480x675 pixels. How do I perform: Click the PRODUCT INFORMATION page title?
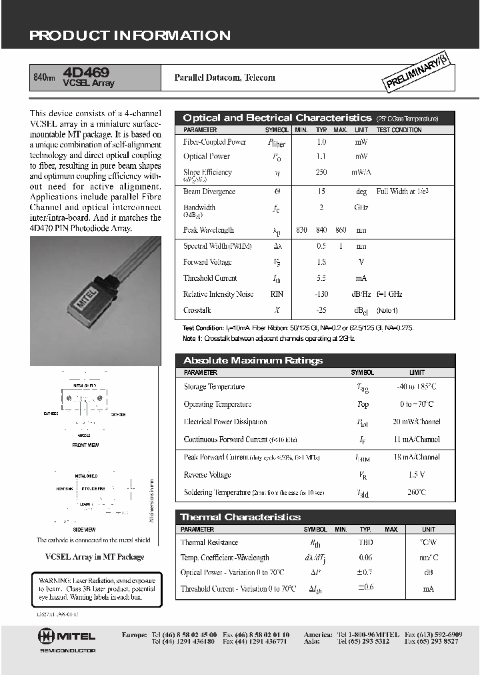(x=130, y=36)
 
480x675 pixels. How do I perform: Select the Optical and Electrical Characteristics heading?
(x=277, y=118)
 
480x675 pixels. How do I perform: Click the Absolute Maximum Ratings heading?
(x=253, y=361)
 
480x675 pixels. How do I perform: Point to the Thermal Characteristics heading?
(x=240, y=517)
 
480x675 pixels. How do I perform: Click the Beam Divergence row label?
(x=209, y=191)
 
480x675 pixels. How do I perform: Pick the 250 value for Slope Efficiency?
(x=321, y=172)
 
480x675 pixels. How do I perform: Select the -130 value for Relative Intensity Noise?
(x=321, y=294)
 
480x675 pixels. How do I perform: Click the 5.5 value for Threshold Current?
(x=321, y=278)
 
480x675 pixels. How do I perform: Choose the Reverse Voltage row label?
(x=207, y=475)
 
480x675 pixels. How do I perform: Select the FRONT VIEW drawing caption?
(x=85, y=444)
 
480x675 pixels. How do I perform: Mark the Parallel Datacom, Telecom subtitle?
(x=225, y=77)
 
